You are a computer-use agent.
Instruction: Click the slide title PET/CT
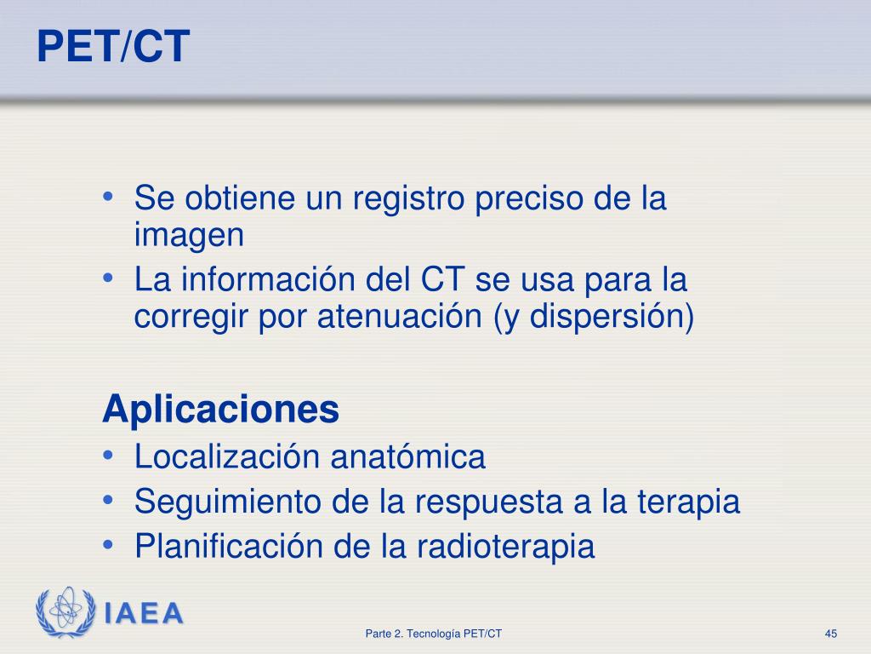(x=111, y=47)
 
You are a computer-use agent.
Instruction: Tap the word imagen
(x=189, y=235)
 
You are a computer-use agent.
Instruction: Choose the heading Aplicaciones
(x=220, y=410)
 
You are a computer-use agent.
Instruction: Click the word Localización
(x=227, y=457)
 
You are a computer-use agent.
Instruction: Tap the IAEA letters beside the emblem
(x=144, y=613)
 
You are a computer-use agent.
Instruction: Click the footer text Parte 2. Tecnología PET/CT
(x=434, y=634)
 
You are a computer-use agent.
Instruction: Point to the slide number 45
(x=831, y=634)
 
